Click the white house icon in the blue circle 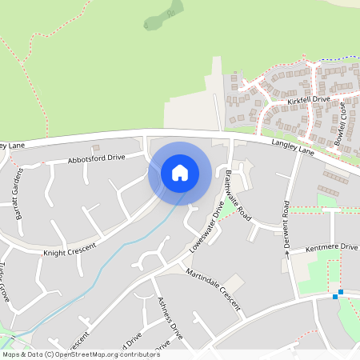click(179, 173)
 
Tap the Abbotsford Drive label click(97, 159)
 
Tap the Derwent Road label click(286, 224)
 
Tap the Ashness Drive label click(170, 318)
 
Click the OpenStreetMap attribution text click(80, 354)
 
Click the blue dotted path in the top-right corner click(340, 57)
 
